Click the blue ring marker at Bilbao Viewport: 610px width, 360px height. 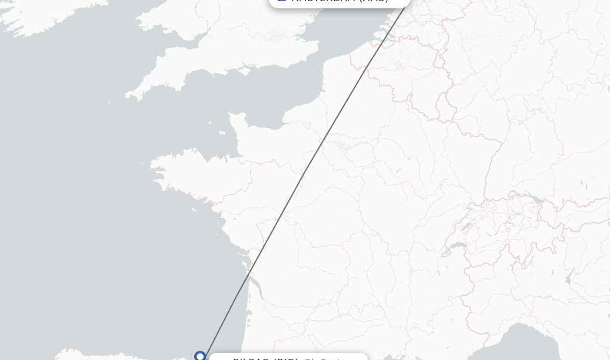pos(200,356)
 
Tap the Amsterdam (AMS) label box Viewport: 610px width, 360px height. pos(340,2)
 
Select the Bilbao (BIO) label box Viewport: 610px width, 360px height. pos(288,358)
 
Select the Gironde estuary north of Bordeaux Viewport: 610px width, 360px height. pos(248,274)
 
